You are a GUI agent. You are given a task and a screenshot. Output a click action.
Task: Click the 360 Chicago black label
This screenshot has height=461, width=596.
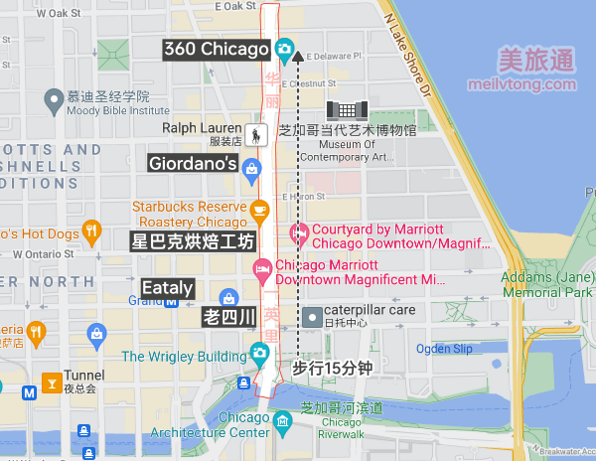point(216,49)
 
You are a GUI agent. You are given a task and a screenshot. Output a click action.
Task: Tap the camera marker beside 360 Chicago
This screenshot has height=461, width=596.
point(284,48)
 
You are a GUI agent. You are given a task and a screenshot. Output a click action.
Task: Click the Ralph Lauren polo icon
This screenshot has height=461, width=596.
point(258,134)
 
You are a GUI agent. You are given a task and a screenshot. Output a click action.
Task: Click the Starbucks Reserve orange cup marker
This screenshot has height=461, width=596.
point(260,210)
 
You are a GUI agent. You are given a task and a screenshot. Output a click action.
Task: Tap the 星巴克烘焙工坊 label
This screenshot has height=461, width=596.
point(193,241)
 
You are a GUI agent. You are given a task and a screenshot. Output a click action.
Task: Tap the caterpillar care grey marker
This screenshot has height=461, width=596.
point(313,315)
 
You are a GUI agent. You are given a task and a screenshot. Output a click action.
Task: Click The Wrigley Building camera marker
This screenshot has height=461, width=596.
point(259,354)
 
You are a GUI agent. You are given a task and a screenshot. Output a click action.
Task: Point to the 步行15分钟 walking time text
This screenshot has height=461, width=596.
point(332,368)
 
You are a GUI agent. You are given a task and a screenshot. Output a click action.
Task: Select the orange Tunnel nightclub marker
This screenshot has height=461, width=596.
point(50,380)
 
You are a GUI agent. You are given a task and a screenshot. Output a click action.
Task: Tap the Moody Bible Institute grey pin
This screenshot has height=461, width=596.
point(52,100)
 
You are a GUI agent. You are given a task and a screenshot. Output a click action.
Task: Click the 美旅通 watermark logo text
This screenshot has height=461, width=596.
point(535,61)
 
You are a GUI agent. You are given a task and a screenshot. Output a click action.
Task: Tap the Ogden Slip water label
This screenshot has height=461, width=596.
point(444,349)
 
